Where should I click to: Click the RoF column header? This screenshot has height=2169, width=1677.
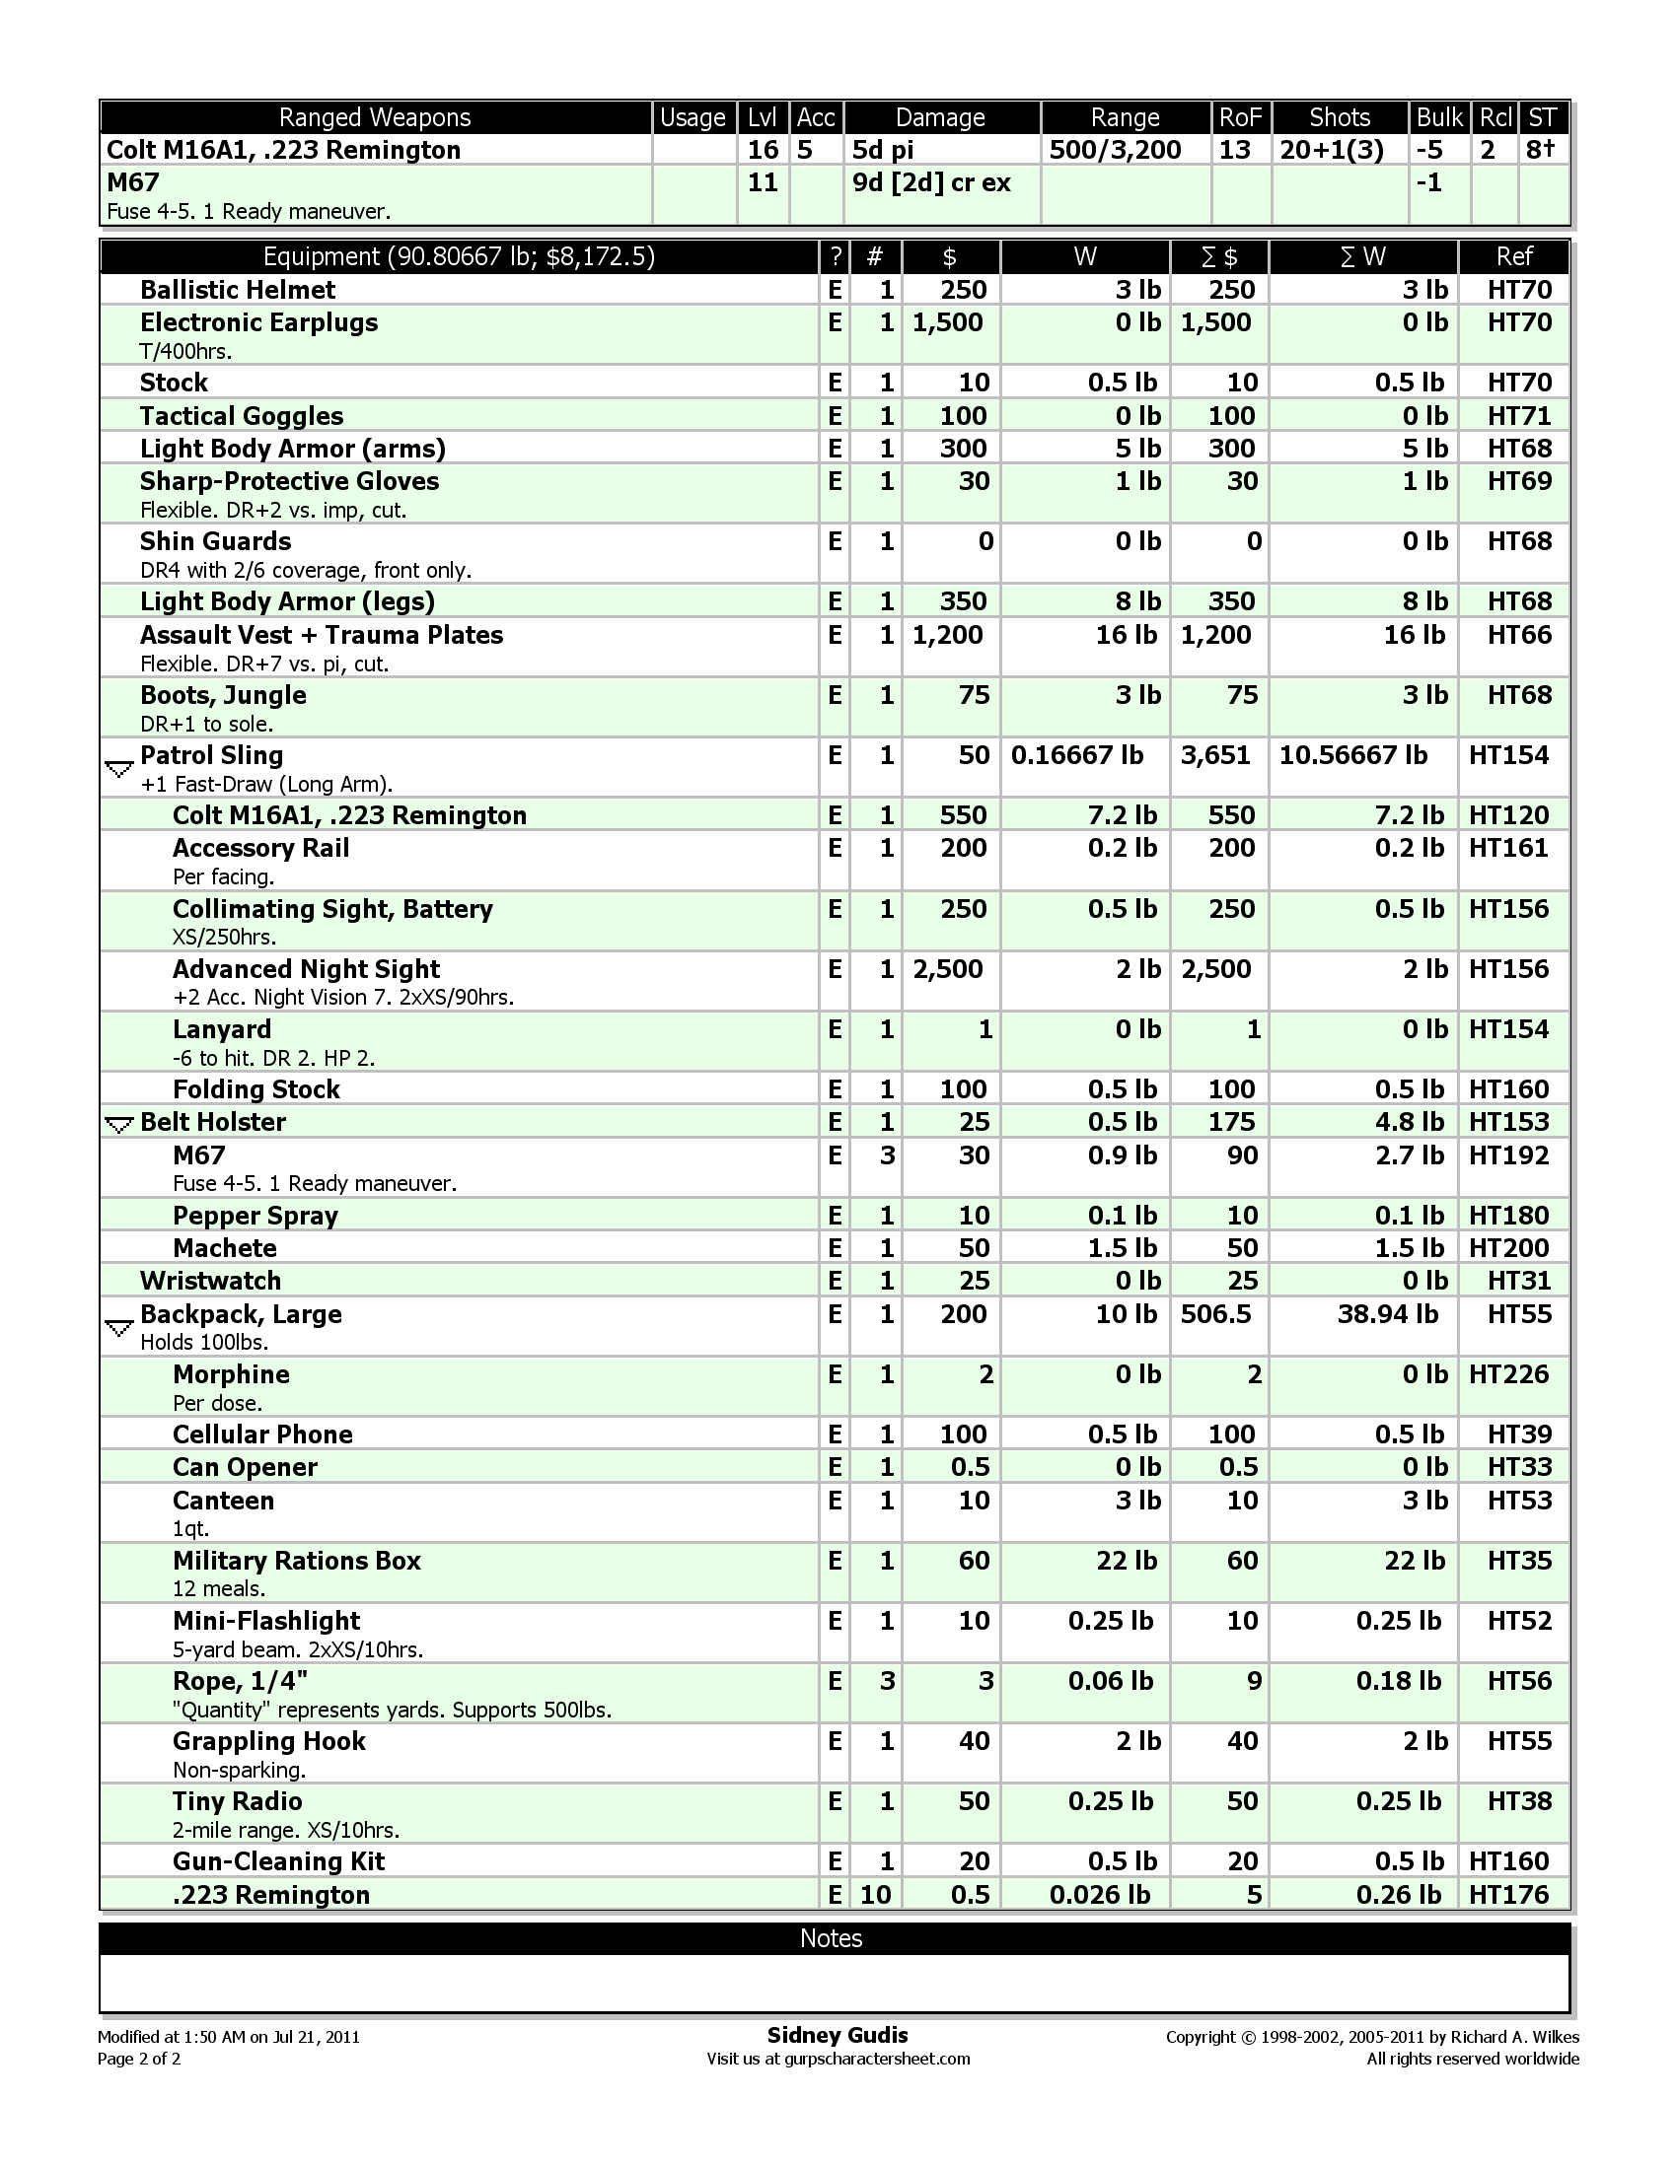tap(1240, 117)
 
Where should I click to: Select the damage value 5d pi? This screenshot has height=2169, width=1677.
tap(882, 150)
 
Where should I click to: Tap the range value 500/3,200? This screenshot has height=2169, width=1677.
tap(1115, 150)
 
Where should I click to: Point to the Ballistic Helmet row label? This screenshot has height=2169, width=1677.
tap(238, 290)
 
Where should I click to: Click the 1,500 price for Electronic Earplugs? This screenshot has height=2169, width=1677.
tap(948, 322)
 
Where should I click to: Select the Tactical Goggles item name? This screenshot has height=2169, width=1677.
tap(242, 416)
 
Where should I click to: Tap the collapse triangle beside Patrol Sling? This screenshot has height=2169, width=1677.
tap(118, 769)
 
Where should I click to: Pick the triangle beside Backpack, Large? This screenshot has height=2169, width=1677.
tap(118, 1327)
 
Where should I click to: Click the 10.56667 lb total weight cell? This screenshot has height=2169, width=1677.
tap(1353, 756)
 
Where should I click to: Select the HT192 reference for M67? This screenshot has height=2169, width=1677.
tap(1508, 1155)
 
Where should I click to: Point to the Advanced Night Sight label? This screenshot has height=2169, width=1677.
tap(306, 969)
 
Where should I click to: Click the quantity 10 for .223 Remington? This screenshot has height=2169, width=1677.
tap(875, 1895)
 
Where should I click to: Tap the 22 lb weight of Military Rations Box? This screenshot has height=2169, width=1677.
tap(1126, 1561)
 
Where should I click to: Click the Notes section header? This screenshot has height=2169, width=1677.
tap(832, 1938)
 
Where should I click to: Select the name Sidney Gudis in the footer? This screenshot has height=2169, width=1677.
tap(838, 2035)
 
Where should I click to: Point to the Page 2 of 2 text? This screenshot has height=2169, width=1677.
tap(139, 2059)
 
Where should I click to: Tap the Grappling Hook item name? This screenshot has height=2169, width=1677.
tap(268, 1741)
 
